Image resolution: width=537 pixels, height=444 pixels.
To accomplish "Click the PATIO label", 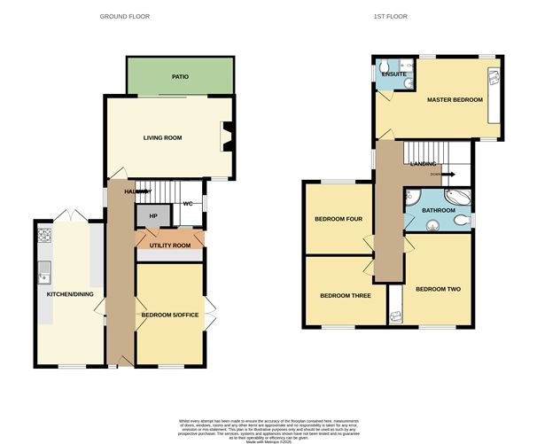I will tap(180, 77).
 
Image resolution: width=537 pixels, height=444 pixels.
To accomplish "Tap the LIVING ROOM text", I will tap(163, 137).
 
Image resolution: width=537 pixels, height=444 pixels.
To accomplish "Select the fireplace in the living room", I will tap(224, 137).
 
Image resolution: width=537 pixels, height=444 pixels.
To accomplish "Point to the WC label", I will tap(187, 204).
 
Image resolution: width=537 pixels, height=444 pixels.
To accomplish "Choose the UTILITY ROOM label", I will tap(168, 245).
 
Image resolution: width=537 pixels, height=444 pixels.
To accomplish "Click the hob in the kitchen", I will tap(44, 237).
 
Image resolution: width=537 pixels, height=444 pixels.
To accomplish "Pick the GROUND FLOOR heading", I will tap(124, 16).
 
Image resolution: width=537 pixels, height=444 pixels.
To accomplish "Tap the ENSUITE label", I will tap(389, 74).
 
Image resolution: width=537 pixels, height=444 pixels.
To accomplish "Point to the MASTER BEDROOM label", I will tap(455, 100).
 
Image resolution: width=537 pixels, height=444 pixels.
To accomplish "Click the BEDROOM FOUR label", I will tap(338, 218).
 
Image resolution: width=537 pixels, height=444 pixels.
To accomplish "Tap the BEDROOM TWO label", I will tap(438, 289).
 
